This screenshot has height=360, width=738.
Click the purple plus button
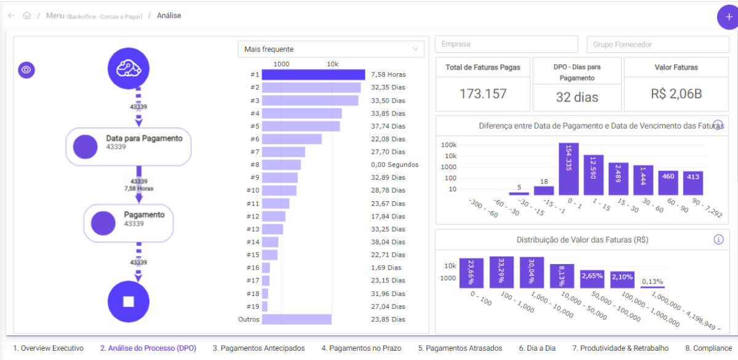(728, 17)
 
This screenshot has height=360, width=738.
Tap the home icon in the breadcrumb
(26, 15)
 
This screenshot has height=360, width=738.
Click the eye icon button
(26, 70)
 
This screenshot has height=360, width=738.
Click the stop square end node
(129, 301)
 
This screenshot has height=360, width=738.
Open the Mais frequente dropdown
(331, 49)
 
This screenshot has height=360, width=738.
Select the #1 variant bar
(314, 74)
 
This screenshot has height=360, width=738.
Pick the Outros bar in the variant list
(296, 319)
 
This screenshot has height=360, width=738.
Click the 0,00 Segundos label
(394, 165)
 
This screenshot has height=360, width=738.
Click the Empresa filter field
(506, 44)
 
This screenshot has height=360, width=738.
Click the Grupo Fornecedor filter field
(657, 44)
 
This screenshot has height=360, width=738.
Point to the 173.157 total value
(483, 94)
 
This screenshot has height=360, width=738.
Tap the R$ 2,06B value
(676, 94)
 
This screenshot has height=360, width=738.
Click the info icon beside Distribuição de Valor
(718, 239)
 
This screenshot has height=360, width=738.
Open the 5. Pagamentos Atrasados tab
(460, 348)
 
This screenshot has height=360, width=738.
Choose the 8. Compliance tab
(708, 348)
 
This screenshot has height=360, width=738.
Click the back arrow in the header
(11, 15)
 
